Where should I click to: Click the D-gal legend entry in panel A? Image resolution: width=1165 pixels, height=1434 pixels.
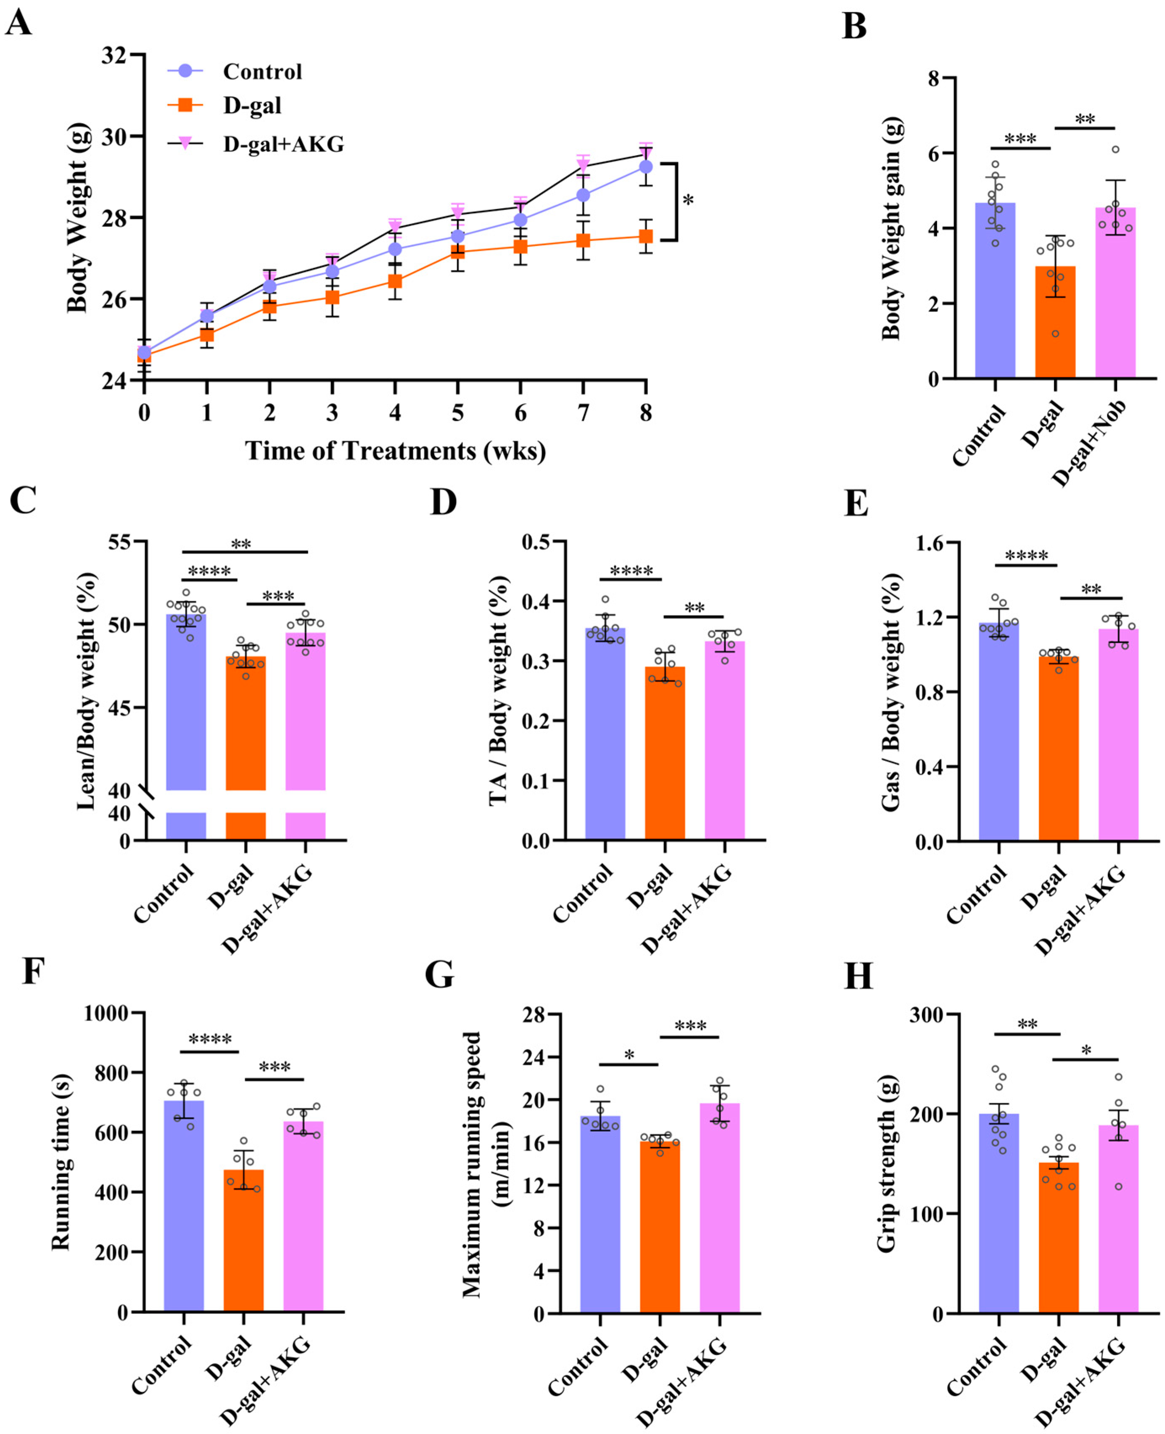point(252,106)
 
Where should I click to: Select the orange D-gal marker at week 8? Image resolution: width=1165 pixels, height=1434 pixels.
point(646,236)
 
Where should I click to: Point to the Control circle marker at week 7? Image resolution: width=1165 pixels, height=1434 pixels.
point(583,195)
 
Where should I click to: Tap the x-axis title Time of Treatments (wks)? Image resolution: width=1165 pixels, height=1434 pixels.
point(395,451)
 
